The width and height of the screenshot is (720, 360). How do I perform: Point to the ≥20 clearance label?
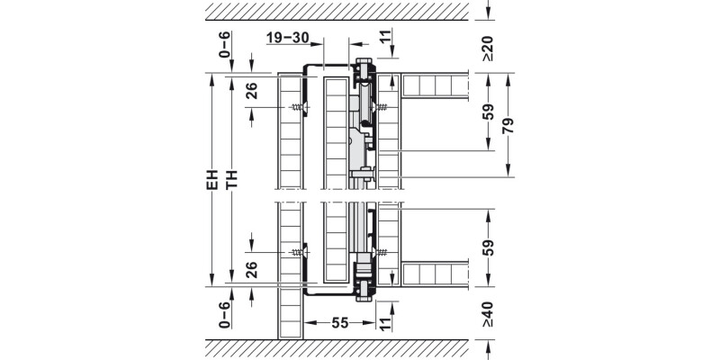pos(487,49)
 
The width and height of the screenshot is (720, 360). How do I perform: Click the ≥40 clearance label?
pos(487,314)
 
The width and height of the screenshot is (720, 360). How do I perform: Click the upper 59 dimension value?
pos(487,112)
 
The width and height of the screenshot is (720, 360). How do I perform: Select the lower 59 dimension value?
pos(487,247)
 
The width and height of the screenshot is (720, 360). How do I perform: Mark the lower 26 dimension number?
pos(252,269)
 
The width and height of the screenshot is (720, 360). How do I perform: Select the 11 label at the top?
pos(385,38)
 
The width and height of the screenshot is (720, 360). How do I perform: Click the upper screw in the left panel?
pos(298,108)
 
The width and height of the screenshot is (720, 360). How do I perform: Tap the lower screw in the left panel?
pos(298,255)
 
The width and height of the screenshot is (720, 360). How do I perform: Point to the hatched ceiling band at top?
pos(337,11)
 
